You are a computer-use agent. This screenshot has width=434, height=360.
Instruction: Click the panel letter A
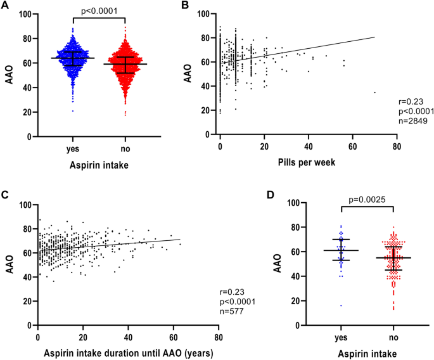(5, 6)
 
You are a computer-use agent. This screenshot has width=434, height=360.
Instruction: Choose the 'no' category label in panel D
(394, 336)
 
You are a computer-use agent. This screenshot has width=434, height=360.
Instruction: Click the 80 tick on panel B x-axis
(396, 146)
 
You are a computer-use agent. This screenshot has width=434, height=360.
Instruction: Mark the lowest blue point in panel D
(341, 305)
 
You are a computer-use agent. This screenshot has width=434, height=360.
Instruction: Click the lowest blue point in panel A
(72, 111)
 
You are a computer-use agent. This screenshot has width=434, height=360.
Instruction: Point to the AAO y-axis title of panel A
(8, 75)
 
